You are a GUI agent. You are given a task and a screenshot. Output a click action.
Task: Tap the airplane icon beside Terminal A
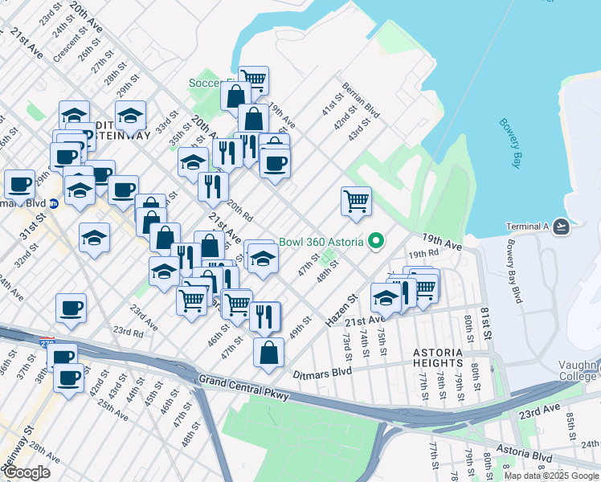pos(562,227)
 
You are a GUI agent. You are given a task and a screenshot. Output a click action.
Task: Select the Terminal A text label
pos(527,227)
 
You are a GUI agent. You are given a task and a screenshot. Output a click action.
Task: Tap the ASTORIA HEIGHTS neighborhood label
pos(437,358)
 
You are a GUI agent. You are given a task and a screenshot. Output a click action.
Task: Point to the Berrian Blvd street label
pos(361,96)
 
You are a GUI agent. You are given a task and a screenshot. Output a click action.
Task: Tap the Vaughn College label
pos(579,370)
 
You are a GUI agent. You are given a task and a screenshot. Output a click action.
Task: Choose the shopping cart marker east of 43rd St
pos(356,201)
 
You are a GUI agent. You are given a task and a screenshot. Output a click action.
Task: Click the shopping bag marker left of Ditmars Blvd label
pos(268,353)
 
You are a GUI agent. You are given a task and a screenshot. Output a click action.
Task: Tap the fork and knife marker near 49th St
pos(264,317)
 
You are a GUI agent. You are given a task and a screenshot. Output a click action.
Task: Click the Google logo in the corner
pos(27,472)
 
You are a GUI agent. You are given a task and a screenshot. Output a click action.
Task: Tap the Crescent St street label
pos(63,51)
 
